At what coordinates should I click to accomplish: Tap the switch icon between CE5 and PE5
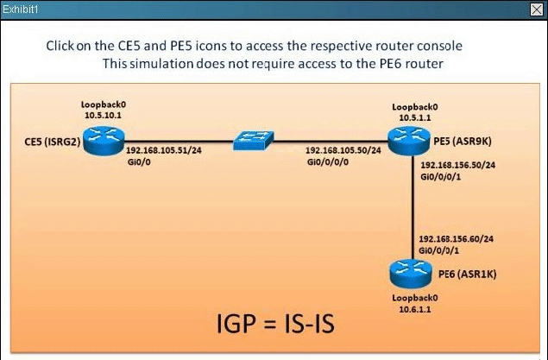pos(253,141)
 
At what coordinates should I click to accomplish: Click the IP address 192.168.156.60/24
pos(455,237)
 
